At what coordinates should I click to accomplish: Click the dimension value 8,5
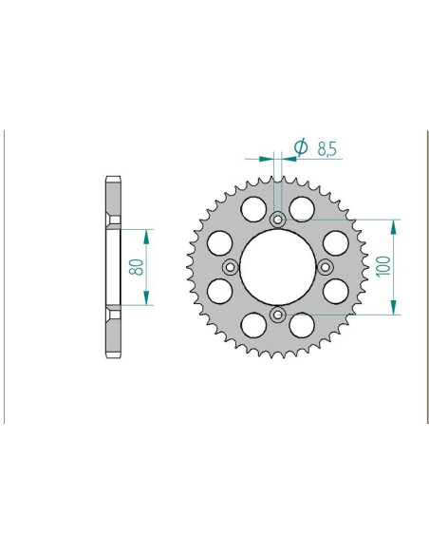coord(327,147)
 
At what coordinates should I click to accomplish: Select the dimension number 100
coord(382,266)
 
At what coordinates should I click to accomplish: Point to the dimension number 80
coord(136,267)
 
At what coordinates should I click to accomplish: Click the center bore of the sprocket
coord(277,267)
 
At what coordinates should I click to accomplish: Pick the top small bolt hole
coord(277,220)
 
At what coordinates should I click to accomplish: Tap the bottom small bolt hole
coord(277,314)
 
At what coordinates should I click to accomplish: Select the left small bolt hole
coord(231,267)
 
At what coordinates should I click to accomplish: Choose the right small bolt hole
coord(324,267)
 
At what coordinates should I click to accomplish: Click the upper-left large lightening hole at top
coord(253,208)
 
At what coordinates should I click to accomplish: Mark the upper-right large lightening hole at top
coord(302,208)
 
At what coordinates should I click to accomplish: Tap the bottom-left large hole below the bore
coord(253,326)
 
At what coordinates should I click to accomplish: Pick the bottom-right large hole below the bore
coord(302,326)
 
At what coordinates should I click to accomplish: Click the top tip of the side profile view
coord(112,177)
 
